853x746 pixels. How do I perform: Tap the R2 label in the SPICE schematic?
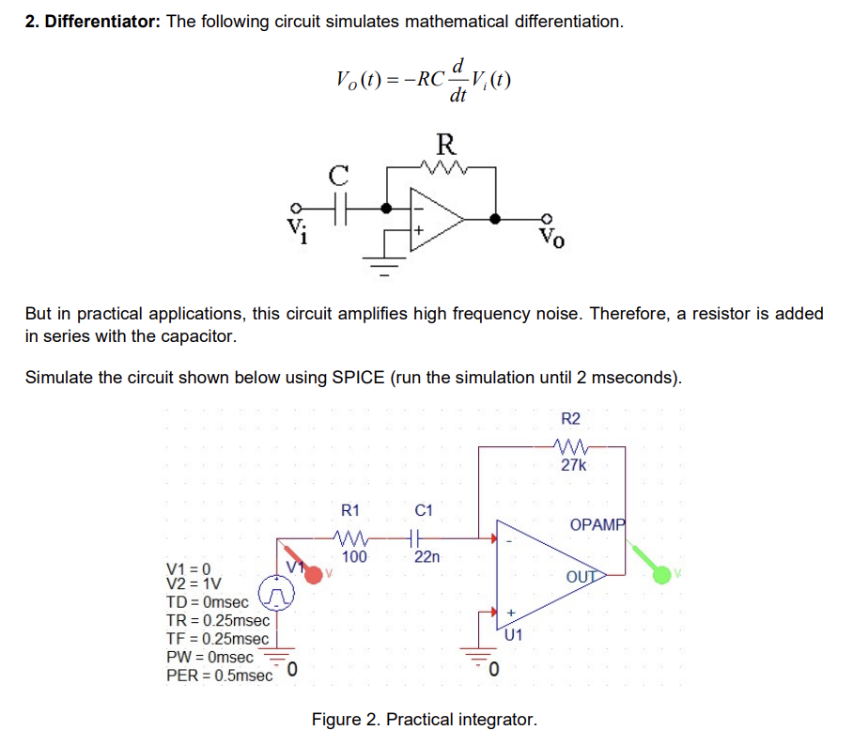[570, 418]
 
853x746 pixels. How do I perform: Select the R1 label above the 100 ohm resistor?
[349, 511]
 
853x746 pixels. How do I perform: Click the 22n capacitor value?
[426, 557]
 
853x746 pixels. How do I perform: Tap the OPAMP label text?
[597, 524]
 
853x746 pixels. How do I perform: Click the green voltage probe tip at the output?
[662, 573]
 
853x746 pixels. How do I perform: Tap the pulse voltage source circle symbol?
[278, 594]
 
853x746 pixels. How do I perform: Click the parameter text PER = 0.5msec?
[219, 676]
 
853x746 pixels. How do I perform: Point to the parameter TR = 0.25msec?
[217, 621]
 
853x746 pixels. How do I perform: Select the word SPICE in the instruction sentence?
[359, 378]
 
